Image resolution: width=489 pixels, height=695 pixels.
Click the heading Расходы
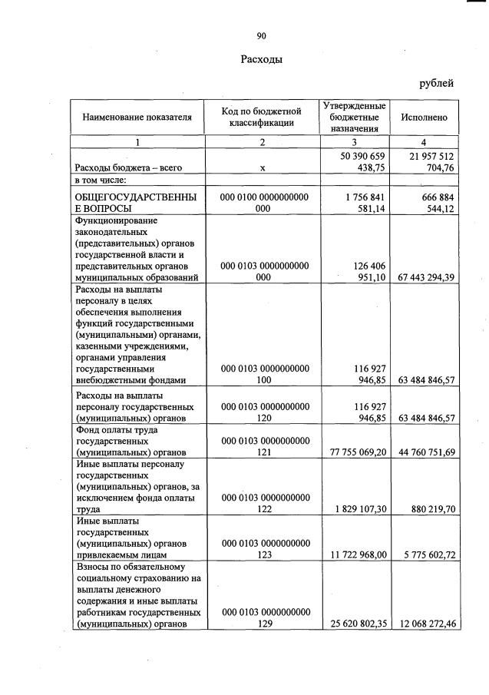pos(261,59)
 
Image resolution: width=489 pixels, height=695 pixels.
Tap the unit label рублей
pos(436,83)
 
